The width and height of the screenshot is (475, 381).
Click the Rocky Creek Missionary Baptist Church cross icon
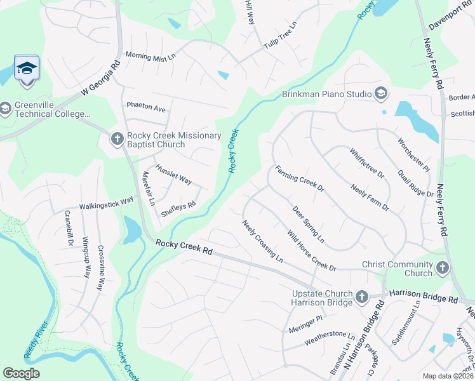[x=117, y=138]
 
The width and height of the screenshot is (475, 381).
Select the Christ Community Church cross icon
[x=443, y=269]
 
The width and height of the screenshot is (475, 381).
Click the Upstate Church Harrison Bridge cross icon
[x=361, y=297]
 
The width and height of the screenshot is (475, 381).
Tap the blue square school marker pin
[x=27, y=68]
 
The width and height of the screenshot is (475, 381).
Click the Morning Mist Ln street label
[x=151, y=57]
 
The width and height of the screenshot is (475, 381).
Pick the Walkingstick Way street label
[x=106, y=203]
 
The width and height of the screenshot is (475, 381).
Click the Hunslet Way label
[x=174, y=176]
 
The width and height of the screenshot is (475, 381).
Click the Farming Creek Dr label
[x=299, y=179]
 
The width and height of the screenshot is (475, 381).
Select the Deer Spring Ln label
[x=308, y=224]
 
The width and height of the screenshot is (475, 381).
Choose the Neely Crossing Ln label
[x=262, y=241]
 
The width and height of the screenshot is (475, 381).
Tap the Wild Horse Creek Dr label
[x=311, y=251]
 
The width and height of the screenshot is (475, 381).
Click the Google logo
[x=22, y=373]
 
